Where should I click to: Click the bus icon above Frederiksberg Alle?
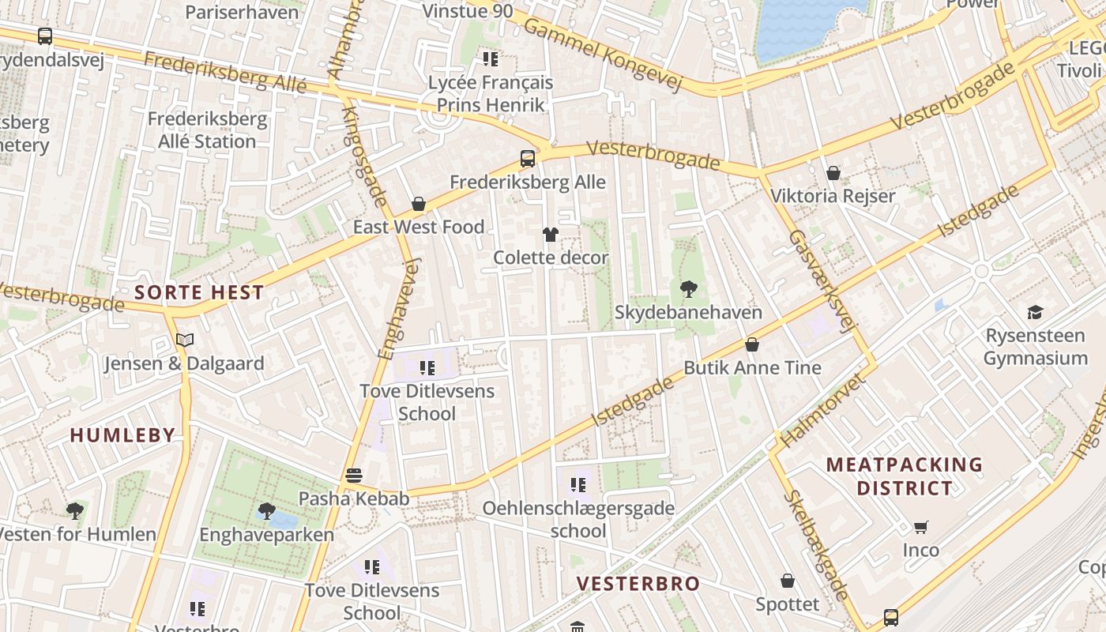pyautogui.click(x=528, y=159)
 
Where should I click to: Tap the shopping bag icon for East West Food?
pyautogui.click(x=419, y=205)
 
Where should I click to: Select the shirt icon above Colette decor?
pyautogui.click(x=551, y=235)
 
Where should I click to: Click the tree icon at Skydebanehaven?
pyautogui.click(x=689, y=289)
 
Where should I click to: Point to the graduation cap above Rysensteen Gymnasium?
pyautogui.click(x=1035, y=313)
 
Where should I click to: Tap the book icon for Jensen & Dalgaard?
pyautogui.click(x=185, y=340)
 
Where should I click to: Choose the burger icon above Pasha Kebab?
pyautogui.click(x=354, y=476)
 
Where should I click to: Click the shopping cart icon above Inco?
pyautogui.click(x=921, y=527)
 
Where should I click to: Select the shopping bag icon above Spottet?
pyautogui.click(x=788, y=581)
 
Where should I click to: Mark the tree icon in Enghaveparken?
pyautogui.click(x=266, y=511)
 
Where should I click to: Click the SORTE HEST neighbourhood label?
pyautogui.click(x=199, y=292)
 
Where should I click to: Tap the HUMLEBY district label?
pyautogui.click(x=122, y=434)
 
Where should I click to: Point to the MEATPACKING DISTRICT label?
pyautogui.click(x=905, y=476)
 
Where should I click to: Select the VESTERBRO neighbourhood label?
pyautogui.click(x=638, y=584)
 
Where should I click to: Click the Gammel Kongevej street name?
pyautogui.click(x=602, y=55)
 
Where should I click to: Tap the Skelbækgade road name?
pyautogui.click(x=818, y=545)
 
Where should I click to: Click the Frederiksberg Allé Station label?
pyautogui.click(x=207, y=130)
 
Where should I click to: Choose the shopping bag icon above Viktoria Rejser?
pyautogui.click(x=833, y=173)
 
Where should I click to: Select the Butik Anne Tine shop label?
pyautogui.click(x=752, y=367)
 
